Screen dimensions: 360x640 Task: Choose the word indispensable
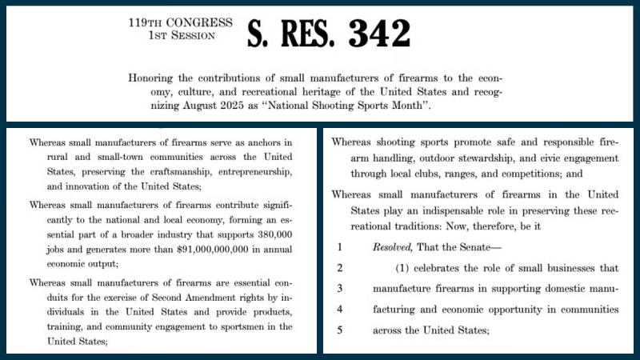[446, 213]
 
